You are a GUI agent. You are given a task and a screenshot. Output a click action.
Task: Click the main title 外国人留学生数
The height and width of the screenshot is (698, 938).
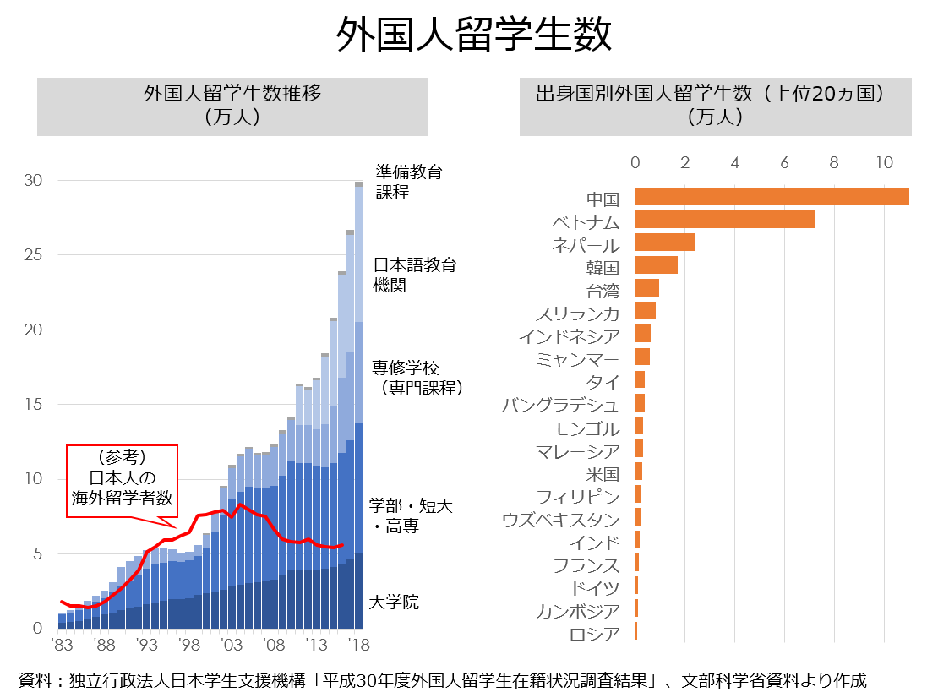click(469, 35)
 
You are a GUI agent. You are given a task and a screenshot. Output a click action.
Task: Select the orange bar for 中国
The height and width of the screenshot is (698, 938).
click(772, 197)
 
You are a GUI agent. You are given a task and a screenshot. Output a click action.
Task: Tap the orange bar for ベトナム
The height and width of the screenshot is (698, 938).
click(725, 220)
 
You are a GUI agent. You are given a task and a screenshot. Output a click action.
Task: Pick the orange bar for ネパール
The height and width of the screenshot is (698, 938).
click(665, 243)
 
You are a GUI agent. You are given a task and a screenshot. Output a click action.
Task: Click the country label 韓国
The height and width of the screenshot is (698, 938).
click(603, 269)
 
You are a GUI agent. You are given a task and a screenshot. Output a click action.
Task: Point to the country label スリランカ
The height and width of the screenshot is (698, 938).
click(577, 314)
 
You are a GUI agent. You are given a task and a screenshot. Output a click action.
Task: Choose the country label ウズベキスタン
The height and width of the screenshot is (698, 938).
click(560, 520)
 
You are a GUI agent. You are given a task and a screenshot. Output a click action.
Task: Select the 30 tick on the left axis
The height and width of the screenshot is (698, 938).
click(33, 180)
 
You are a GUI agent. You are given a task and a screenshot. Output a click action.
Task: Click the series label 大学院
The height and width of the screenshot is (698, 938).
click(394, 603)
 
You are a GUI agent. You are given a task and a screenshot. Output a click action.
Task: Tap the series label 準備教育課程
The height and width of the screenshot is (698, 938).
click(409, 182)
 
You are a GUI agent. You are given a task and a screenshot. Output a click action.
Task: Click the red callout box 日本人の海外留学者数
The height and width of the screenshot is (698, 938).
click(122, 480)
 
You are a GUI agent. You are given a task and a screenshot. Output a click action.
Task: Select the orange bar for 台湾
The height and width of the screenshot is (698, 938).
click(646, 288)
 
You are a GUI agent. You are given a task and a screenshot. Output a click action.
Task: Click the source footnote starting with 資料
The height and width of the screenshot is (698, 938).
click(443, 679)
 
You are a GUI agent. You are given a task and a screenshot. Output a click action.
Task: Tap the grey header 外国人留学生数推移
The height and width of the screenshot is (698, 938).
click(232, 105)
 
